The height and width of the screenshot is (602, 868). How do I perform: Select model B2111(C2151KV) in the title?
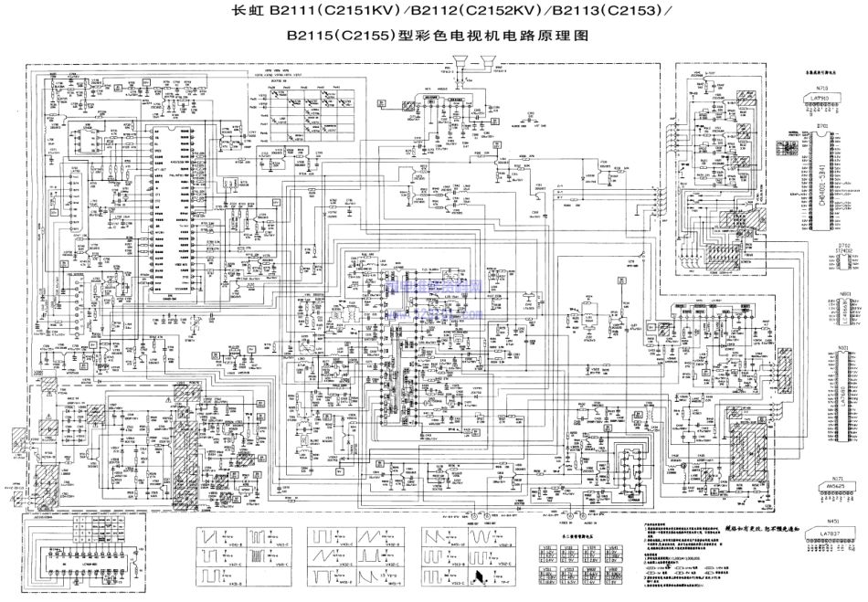pos(329,13)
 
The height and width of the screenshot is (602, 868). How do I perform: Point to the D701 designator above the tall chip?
pos(821,125)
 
